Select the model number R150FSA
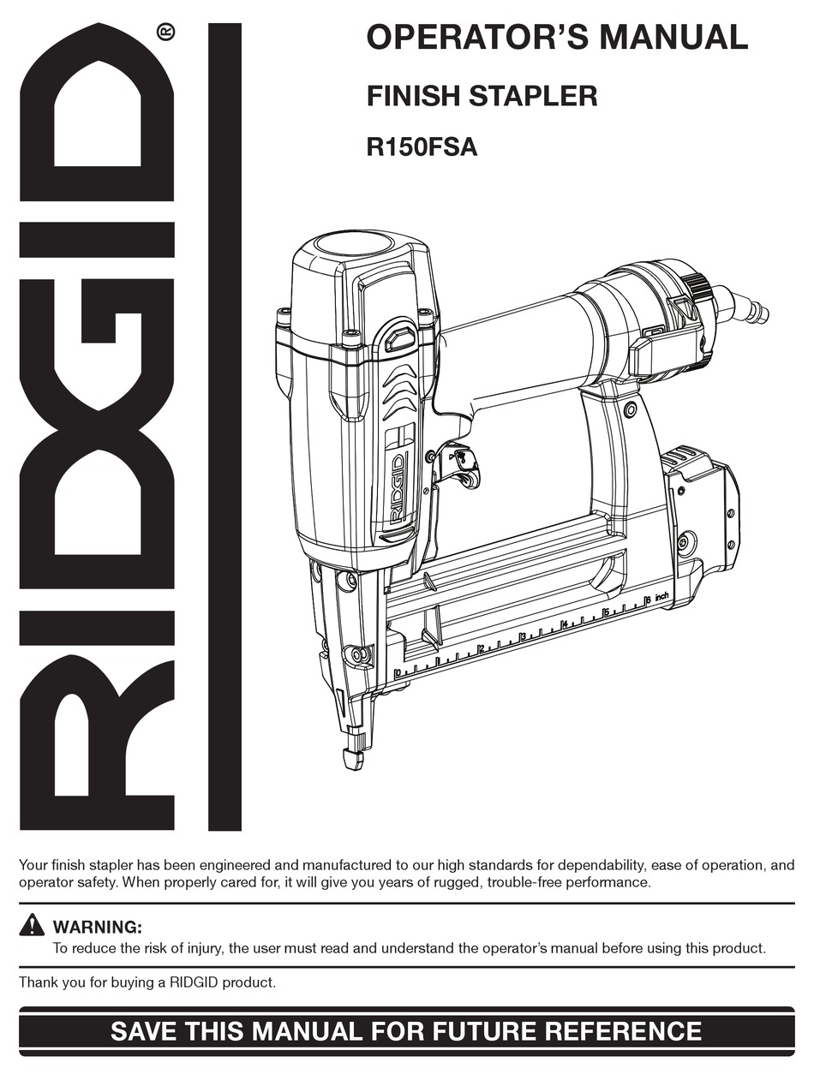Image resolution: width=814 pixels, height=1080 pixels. pyautogui.click(x=422, y=147)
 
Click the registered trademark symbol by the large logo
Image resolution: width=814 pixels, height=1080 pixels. pyautogui.click(x=166, y=33)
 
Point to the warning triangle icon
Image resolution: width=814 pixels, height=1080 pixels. pyautogui.click(x=32, y=925)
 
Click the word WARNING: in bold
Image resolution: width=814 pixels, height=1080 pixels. pyautogui.click(x=97, y=927)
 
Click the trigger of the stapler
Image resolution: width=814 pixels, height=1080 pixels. pyautogui.click(x=458, y=463)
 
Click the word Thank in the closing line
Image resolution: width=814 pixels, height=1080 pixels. pyautogui.click(x=37, y=982)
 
